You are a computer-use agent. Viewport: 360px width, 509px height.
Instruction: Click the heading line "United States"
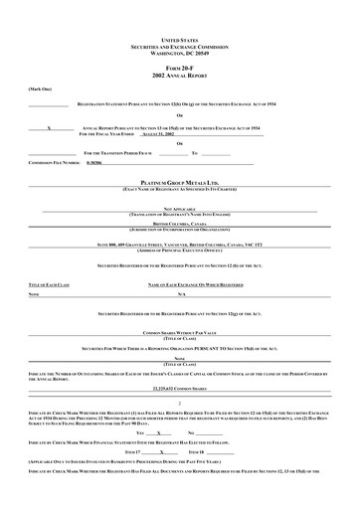tap(180, 34)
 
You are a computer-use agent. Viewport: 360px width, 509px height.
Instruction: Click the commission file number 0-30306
tap(94, 161)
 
